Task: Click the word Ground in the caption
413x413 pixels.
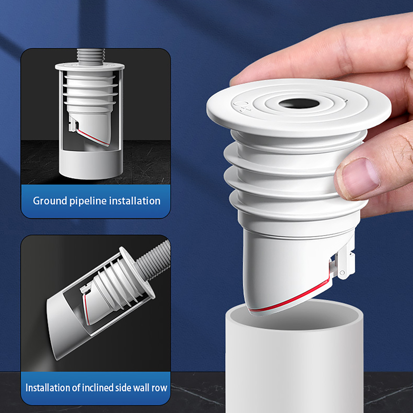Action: click(50, 201)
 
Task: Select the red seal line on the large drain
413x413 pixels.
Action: click(289, 297)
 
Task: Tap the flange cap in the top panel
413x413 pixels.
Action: click(90, 67)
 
